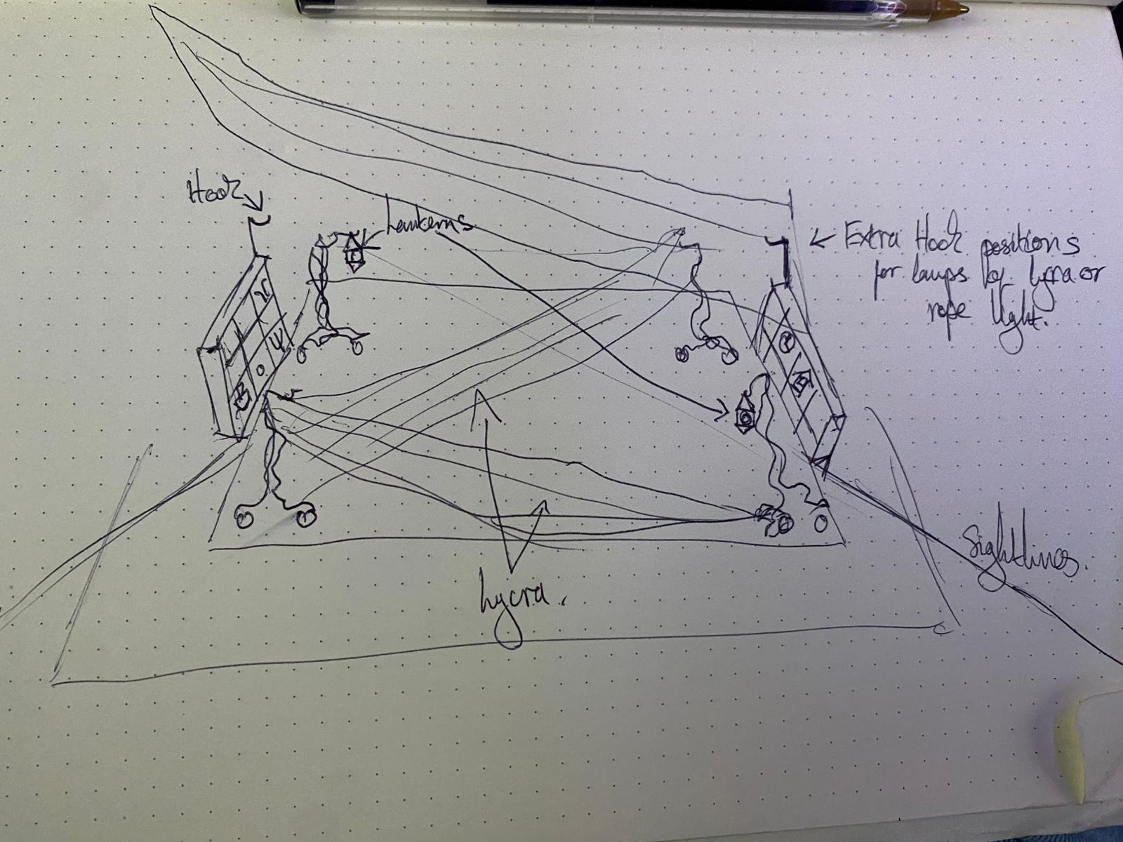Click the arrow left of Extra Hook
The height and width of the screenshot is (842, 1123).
click(821, 241)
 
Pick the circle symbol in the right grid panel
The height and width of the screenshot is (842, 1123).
click(786, 343)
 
